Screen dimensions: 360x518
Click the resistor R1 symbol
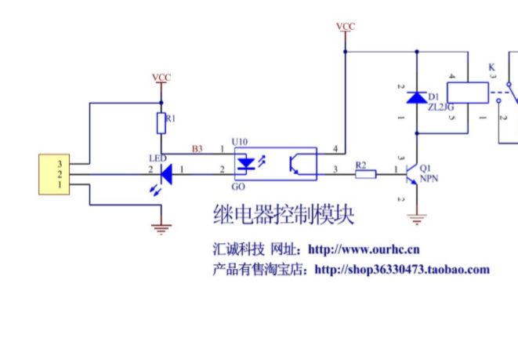[161, 122]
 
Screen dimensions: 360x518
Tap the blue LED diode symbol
[165, 170]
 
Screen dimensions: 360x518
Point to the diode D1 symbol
[416, 98]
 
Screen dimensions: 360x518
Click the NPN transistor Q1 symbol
[413, 176]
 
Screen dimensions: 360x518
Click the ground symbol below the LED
[161, 228]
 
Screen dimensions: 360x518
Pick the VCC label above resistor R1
[161, 78]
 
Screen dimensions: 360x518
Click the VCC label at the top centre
[345, 27]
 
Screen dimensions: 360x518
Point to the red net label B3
[197, 147]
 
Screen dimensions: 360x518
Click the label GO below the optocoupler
[240, 187]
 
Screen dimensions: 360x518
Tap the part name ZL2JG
[440, 107]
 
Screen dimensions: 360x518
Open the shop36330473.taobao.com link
[401, 270]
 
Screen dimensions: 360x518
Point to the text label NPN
[430, 179]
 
